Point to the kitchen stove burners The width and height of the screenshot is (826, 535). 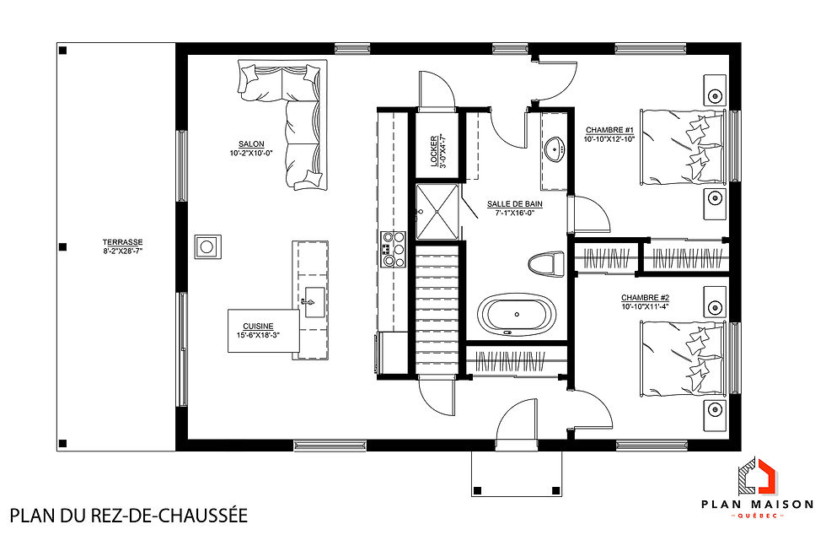393,250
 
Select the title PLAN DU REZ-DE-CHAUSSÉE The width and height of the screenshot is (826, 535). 128,515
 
